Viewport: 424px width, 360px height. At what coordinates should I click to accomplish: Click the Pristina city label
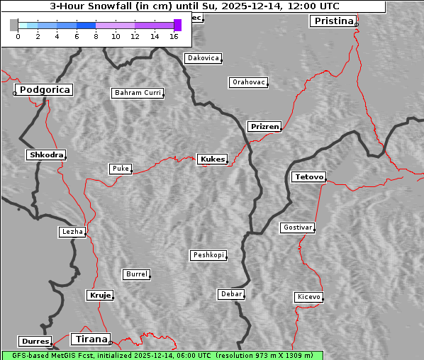(333, 21)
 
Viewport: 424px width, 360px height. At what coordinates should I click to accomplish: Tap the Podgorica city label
(44, 90)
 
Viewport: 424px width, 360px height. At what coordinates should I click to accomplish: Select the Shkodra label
(45, 154)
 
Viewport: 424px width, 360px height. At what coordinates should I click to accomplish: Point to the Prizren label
(265, 127)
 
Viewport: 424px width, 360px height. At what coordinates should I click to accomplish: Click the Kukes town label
(212, 159)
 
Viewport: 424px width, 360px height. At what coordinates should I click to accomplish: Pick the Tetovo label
(308, 176)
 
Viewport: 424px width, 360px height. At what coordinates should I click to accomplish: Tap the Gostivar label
(297, 227)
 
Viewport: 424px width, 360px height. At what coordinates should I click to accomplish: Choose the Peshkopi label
(208, 255)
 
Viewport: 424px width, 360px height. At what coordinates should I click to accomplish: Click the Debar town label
(231, 294)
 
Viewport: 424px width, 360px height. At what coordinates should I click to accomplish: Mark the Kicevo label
(308, 297)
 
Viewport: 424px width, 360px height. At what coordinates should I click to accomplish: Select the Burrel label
(136, 274)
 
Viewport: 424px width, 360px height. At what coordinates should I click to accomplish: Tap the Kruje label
(100, 295)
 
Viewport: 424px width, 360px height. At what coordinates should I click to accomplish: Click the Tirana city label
(90, 339)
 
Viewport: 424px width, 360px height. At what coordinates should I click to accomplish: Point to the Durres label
(35, 342)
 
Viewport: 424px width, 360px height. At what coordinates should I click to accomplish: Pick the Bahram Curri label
(138, 93)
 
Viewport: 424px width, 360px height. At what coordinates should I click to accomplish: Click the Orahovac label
(248, 83)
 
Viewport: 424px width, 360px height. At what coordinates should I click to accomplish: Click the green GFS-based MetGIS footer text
(162, 355)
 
